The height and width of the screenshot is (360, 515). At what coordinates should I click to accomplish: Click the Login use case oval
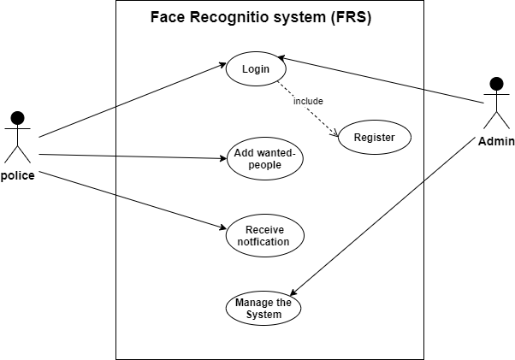click(255, 69)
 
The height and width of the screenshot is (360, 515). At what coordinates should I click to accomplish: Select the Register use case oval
click(374, 137)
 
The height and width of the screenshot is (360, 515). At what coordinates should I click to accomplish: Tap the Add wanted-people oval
click(263, 158)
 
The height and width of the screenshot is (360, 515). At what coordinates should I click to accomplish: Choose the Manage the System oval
click(263, 308)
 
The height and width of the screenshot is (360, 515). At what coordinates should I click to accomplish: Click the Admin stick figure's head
click(495, 85)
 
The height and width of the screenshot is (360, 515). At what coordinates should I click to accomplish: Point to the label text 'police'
click(18, 176)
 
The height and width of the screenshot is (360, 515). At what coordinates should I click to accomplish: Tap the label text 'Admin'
click(495, 140)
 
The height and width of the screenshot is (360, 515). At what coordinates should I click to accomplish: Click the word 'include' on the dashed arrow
click(308, 101)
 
